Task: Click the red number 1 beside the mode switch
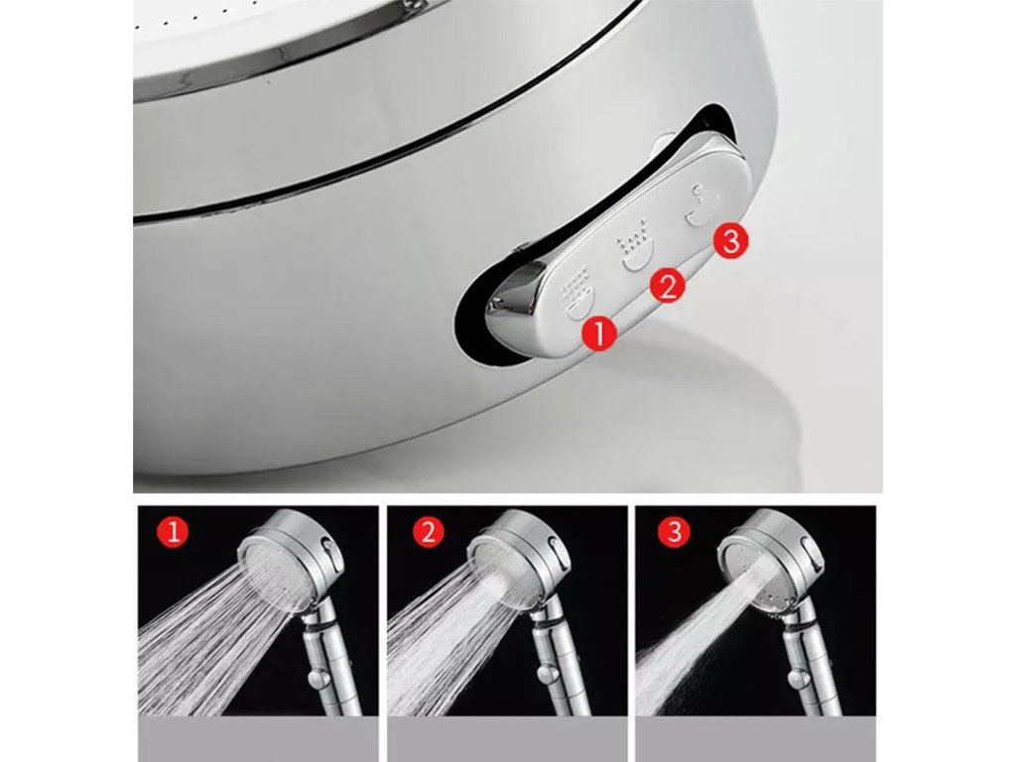coord(599,333)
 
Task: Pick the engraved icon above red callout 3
coord(698,206)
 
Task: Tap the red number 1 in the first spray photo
coord(173,533)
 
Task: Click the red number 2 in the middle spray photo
coord(428,533)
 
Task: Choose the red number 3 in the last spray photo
coord(674,532)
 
